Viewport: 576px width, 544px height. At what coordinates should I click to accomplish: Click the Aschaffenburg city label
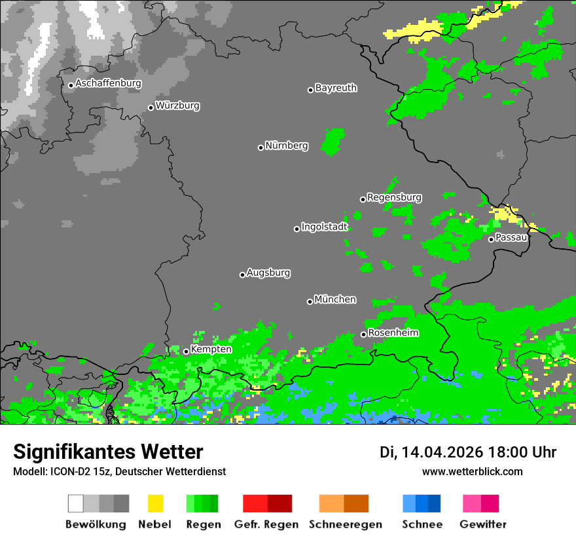tap(108, 84)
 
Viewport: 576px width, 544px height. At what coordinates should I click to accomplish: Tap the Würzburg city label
tap(177, 106)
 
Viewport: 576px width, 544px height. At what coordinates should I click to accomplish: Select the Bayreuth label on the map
tap(336, 88)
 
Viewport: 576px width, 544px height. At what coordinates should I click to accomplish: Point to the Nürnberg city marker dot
tap(261, 147)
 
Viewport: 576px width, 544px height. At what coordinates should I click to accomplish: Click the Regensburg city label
tap(394, 197)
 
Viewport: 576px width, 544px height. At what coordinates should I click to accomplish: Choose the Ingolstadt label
tap(324, 227)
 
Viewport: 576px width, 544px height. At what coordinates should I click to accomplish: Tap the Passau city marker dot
tap(491, 239)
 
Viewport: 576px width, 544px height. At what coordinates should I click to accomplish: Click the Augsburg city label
tap(268, 273)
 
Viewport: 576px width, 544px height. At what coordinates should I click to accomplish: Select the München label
tap(335, 300)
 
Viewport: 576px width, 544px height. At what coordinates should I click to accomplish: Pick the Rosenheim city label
tap(393, 333)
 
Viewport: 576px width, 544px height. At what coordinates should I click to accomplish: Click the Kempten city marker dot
tap(186, 351)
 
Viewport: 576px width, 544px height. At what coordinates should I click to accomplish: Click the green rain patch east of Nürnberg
tap(333, 141)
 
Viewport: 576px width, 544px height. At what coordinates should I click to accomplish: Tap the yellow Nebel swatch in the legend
tap(155, 503)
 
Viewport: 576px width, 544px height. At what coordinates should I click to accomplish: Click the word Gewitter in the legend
tap(482, 524)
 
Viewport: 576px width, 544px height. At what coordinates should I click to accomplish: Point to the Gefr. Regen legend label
tap(267, 524)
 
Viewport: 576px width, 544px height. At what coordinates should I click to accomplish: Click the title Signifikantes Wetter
tap(108, 452)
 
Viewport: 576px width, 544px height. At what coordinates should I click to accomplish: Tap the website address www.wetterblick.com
tap(472, 471)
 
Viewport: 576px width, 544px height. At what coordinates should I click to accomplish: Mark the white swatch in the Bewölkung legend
tap(75, 503)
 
